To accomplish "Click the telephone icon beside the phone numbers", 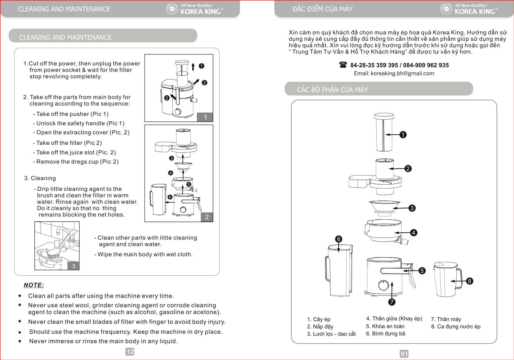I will pyautogui.click(x=343, y=65).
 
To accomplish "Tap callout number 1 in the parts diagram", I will pyautogui.click(x=403, y=135).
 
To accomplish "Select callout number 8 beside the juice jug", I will pyautogui.click(x=469, y=281).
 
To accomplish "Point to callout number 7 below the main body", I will pyautogui.click(x=392, y=302).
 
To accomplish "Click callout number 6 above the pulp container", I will pyautogui.click(x=339, y=239).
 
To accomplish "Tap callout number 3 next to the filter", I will pyautogui.click(x=412, y=208).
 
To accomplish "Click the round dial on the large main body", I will pyautogui.click(x=384, y=285).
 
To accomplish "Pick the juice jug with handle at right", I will pyautogui.click(x=447, y=280).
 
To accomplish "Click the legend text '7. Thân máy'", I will pyautogui.click(x=446, y=319).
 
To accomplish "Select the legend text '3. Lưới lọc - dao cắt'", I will pyautogui.click(x=331, y=334).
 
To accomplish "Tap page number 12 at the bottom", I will pyautogui.click(x=130, y=352).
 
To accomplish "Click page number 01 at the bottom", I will pyautogui.click(x=404, y=354).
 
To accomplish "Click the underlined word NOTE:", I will pyautogui.click(x=34, y=285).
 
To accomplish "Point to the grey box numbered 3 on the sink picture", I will pyautogui.click(x=73, y=266).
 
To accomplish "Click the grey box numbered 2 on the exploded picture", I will pyautogui.click(x=207, y=217).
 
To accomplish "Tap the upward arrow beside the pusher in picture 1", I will pyautogui.click(x=193, y=66).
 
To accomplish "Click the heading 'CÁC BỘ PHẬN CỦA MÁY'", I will pyautogui.click(x=332, y=90).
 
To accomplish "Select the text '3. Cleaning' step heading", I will pyautogui.click(x=40, y=178).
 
